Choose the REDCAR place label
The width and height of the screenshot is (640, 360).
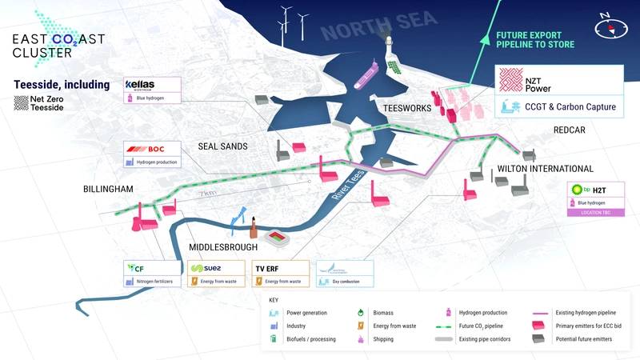570,130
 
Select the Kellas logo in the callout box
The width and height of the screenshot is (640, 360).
145,86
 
